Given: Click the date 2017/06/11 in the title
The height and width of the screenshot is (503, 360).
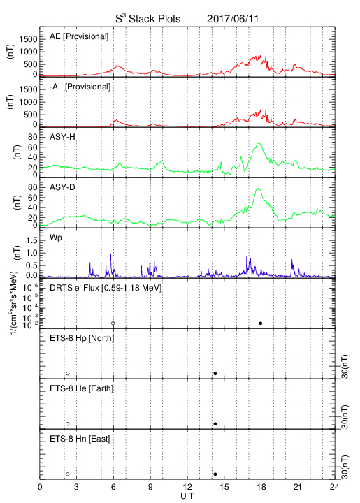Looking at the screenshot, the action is click(232, 19).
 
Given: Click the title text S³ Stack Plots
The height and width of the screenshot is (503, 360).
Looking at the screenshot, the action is click(148, 18).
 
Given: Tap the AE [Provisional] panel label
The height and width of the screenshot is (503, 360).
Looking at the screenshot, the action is click(79, 36).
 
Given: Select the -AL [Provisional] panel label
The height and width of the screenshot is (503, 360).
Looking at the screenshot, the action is click(80, 87).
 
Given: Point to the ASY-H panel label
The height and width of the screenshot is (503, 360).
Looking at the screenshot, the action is click(62, 137).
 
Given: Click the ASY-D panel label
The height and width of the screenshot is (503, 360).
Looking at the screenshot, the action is click(62, 187).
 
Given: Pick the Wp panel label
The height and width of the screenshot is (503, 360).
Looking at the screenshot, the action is click(56, 238).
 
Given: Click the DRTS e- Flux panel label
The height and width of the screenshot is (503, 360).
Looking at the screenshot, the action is click(106, 288).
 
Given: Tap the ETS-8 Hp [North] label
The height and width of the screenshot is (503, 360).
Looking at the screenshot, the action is click(82, 338).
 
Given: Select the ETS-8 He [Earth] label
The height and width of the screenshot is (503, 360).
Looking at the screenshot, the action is click(82, 388).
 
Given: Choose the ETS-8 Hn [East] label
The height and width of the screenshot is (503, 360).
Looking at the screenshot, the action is click(80, 439).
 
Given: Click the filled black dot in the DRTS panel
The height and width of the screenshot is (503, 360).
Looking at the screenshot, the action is click(261, 323).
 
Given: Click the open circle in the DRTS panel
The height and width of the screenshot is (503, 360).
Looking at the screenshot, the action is click(113, 323).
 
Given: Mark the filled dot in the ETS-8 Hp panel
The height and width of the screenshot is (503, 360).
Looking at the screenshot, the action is click(215, 373).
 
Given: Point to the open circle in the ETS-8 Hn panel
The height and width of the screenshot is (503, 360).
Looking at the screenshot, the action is click(68, 474).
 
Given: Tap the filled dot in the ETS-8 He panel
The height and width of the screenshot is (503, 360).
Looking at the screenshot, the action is click(215, 424).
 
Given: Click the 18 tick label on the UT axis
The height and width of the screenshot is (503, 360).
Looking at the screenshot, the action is click(261, 487).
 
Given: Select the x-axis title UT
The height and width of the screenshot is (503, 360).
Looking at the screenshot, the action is click(187, 496).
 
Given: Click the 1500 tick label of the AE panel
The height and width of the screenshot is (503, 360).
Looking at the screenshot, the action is click(28, 39).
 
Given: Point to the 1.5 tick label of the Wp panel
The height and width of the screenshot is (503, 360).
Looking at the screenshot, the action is click(31, 240).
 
